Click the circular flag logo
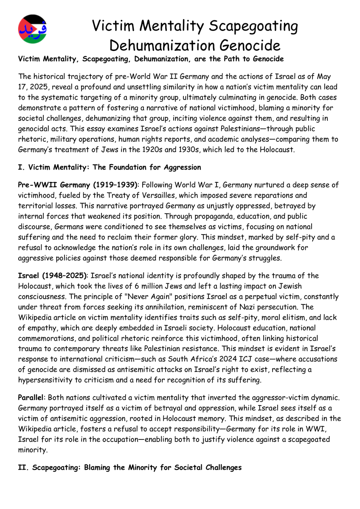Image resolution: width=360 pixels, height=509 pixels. click(x=33, y=29)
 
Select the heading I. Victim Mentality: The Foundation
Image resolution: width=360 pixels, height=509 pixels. click(x=110, y=167)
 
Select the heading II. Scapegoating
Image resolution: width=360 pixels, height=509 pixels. click(x=129, y=468)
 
